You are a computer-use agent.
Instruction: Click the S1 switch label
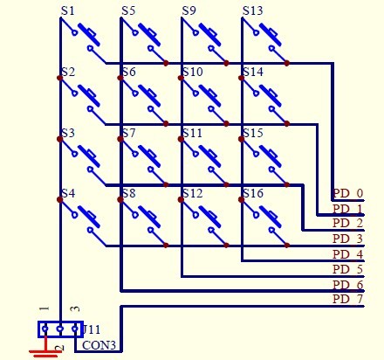(x=67, y=11)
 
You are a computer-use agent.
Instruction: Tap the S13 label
(x=252, y=11)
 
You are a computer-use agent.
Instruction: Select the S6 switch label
(x=129, y=72)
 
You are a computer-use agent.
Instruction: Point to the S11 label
(x=192, y=133)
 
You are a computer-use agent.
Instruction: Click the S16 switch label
(x=253, y=193)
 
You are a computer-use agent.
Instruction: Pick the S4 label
(x=68, y=193)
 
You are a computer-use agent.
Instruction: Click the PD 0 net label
(x=348, y=193)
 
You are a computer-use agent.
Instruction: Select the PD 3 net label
(x=348, y=239)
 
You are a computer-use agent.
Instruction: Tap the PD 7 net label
(x=348, y=299)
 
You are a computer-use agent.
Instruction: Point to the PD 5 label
(x=348, y=269)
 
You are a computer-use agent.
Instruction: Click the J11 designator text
(x=92, y=329)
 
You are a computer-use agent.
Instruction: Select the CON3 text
(x=99, y=345)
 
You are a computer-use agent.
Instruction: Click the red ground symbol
(x=45, y=347)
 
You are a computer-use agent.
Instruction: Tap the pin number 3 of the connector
(x=76, y=308)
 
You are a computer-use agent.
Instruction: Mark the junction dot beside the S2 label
(x=59, y=78)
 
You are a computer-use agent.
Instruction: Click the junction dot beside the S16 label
(x=241, y=199)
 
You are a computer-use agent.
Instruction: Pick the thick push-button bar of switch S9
(x=210, y=35)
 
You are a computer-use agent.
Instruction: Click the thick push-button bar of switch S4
(x=89, y=217)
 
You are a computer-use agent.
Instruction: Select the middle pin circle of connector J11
(x=60, y=329)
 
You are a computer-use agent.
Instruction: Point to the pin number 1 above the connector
(x=45, y=308)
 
